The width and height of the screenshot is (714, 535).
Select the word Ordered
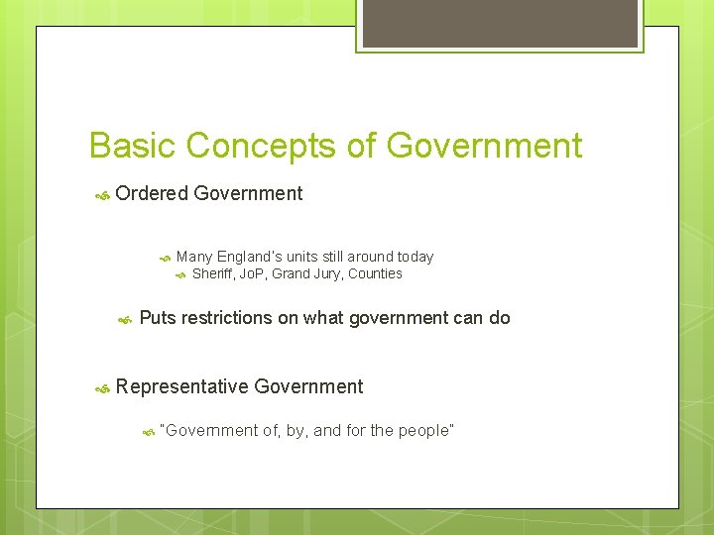tap(151, 194)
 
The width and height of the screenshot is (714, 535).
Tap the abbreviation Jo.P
tap(258, 273)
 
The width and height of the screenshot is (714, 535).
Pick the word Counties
tap(375, 273)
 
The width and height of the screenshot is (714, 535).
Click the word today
tap(416, 257)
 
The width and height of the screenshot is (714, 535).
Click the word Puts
tap(158, 318)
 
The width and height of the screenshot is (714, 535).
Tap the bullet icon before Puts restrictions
tap(125, 320)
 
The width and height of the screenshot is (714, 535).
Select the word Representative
tap(181, 387)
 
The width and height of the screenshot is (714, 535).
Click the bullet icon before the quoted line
tap(148, 432)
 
